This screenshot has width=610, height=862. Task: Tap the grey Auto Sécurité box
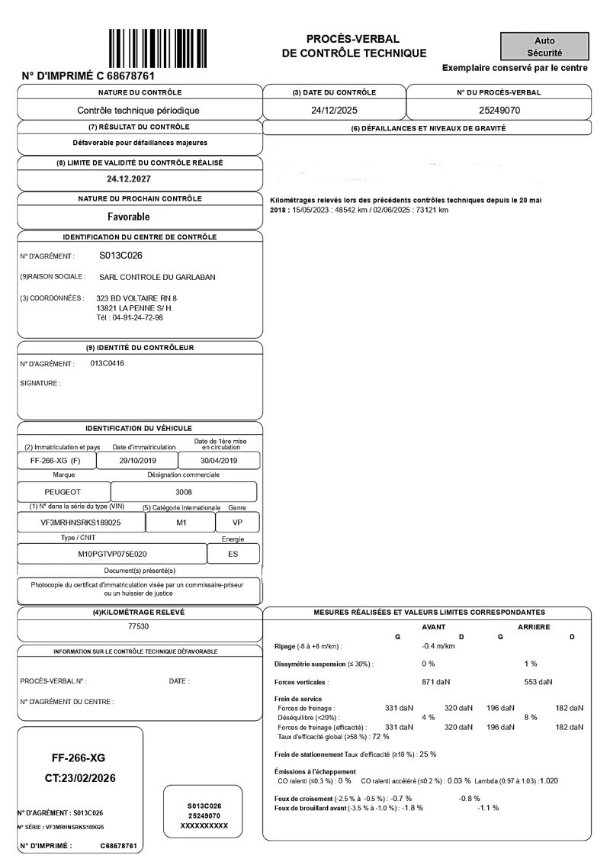click(x=544, y=47)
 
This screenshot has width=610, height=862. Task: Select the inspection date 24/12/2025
click(x=334, y=111)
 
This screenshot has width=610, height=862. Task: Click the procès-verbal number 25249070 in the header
click(x=499, y=111)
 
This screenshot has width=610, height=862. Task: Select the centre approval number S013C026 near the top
click(x=121, y=256)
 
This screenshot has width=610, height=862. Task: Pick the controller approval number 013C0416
click(x=101, y=363)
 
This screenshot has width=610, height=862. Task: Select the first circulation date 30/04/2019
click(x=218, y=461)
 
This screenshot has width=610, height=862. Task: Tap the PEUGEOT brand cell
click(x=63, y=492)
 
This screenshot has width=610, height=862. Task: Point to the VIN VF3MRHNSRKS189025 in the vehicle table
click(x=80, y=523)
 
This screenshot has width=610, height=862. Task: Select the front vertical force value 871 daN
click(x=437, y=681)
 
